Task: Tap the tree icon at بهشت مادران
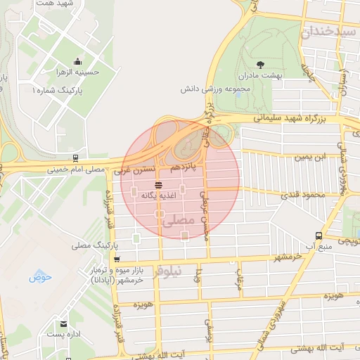pyautogui.click(x=260, y=63)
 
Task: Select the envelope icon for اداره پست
pyautogui.click(x=64, y=324)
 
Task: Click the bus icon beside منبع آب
pyautogui.click(x=320, y=236)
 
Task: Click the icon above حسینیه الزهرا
pyautogui.click(x=77, y=60)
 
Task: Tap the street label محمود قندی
pyautogui.click(x=304, y=194)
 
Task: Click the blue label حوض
pyautogui.click(x=41, y=278)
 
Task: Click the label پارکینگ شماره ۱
pyautogui.click(x=56, y=91)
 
